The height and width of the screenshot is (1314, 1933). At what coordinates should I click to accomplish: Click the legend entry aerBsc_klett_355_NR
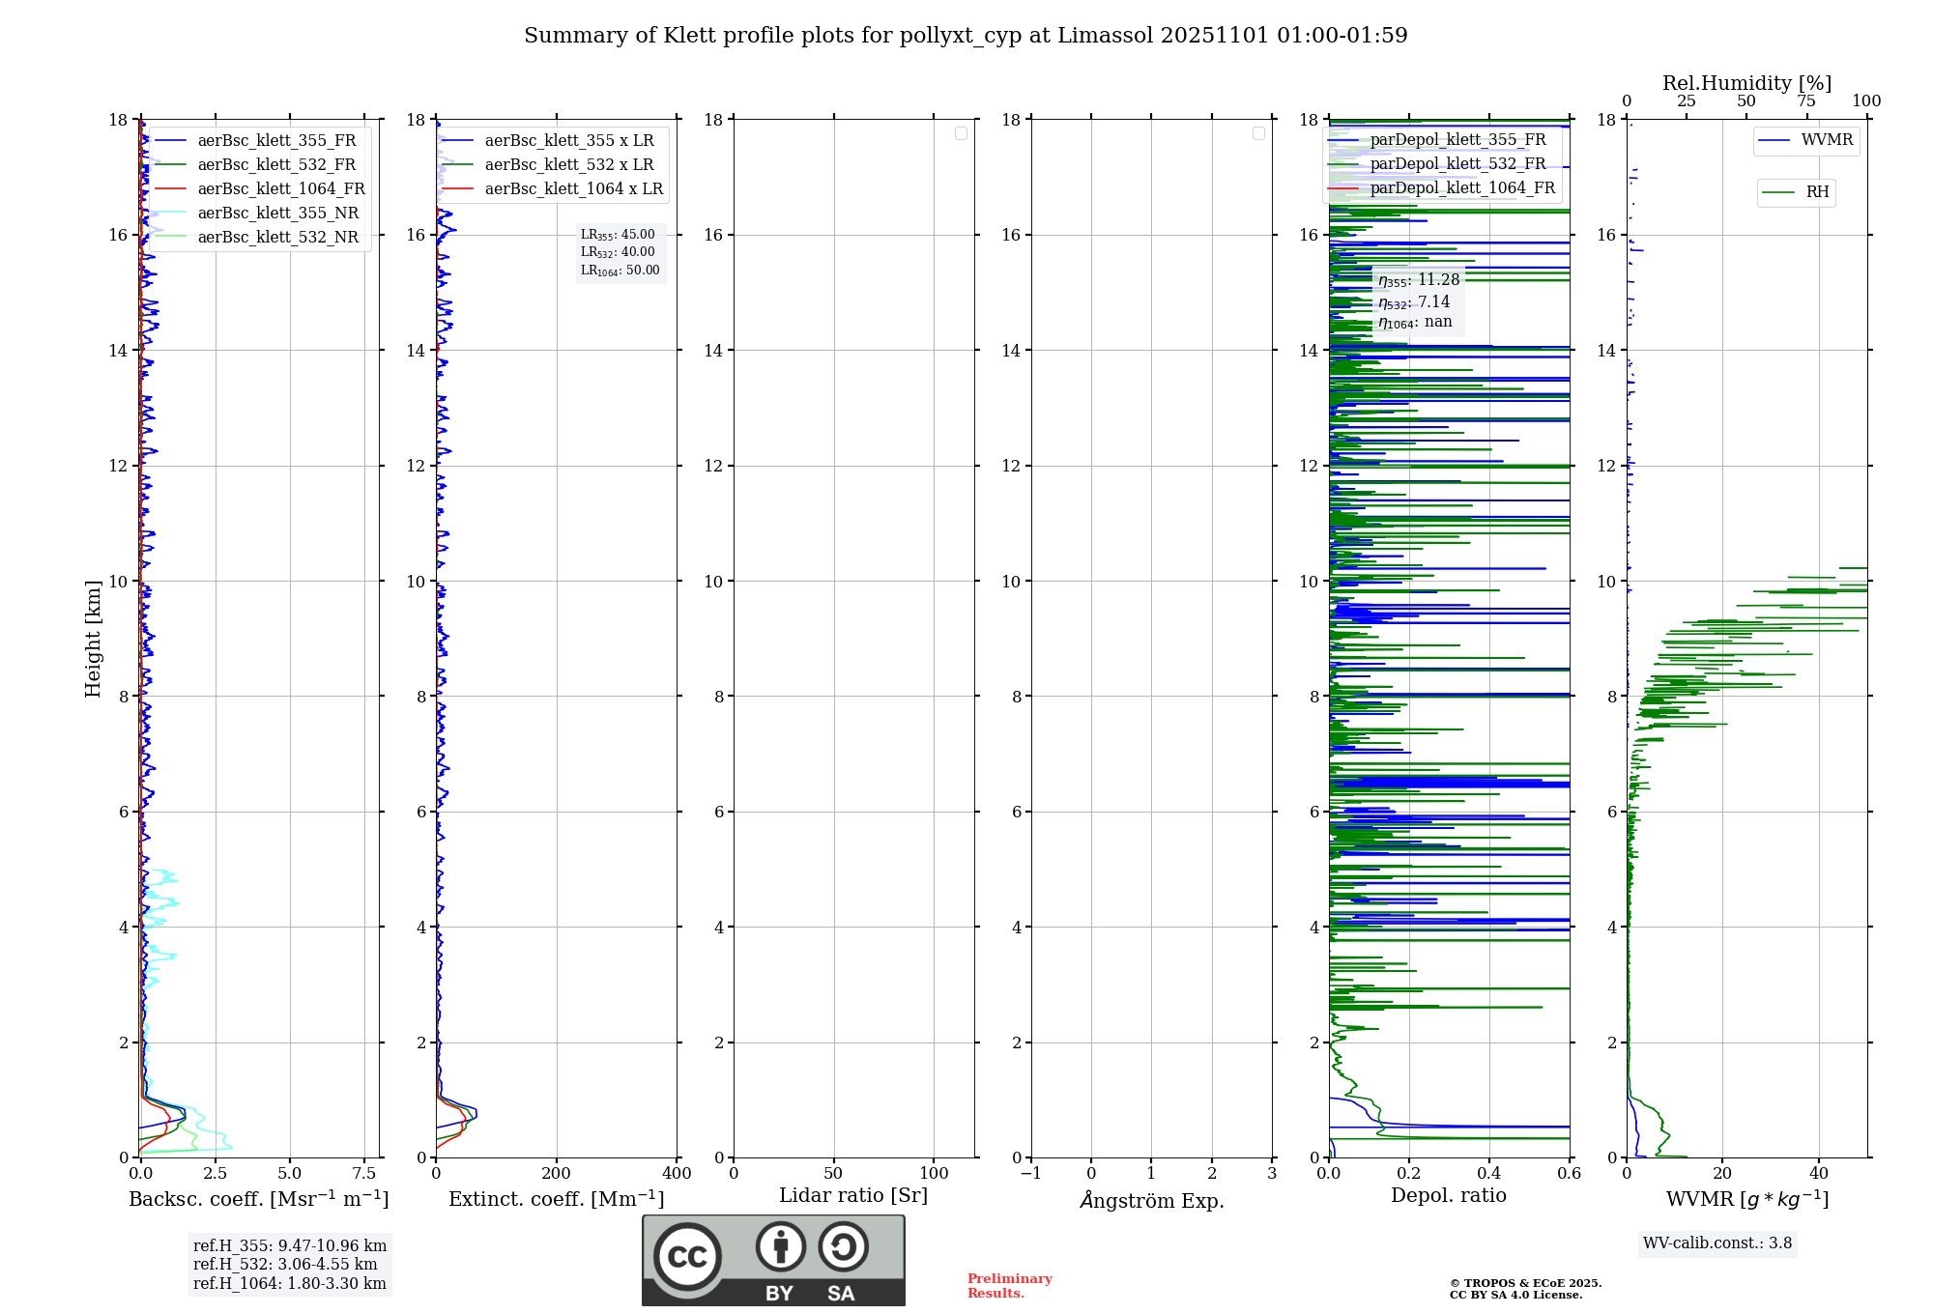click(x=277, y=213)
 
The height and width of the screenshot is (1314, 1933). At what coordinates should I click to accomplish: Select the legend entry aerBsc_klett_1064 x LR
click(x=573, y=188)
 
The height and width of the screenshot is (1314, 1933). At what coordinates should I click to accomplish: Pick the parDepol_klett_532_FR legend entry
click(x=1457, y=163)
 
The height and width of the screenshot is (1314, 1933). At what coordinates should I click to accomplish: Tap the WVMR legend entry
click(x=1827, y=140)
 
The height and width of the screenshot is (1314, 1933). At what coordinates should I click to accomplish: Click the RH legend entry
click(x=1817, y=192)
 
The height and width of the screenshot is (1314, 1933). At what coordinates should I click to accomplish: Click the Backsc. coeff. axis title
click(x=259, y=1199)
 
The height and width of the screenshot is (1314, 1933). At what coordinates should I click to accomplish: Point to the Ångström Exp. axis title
click(x=1152, y=1200)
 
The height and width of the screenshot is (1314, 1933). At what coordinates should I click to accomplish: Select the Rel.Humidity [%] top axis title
click(x=1746, y=83)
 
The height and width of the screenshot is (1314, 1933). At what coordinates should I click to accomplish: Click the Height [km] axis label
click(x=93, y=639)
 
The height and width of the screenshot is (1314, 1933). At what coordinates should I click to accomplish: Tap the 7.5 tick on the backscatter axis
click(x=364, y=1173)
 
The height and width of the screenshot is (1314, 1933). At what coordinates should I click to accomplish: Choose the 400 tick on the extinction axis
click(x=677, y=1173)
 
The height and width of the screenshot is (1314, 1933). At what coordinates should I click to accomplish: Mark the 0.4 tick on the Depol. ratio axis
click(x=1489, y=1173)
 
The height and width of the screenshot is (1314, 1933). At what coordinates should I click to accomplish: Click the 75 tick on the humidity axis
click(x=1806, y=101)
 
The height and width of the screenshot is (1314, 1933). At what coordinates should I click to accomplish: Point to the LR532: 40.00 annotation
click(x=618, y=252)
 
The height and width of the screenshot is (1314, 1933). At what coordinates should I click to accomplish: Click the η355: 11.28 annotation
click(x=1419, y=280)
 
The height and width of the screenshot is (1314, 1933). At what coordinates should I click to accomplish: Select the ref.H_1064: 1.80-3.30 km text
click(x=289, y=1283)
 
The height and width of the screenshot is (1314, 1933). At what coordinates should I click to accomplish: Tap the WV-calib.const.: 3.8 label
click(x=1717, y=1243)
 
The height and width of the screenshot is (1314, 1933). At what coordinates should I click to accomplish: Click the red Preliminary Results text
click(x=1009, y=1285)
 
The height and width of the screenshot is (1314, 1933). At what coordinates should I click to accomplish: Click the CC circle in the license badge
click(x=687, y=1256)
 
